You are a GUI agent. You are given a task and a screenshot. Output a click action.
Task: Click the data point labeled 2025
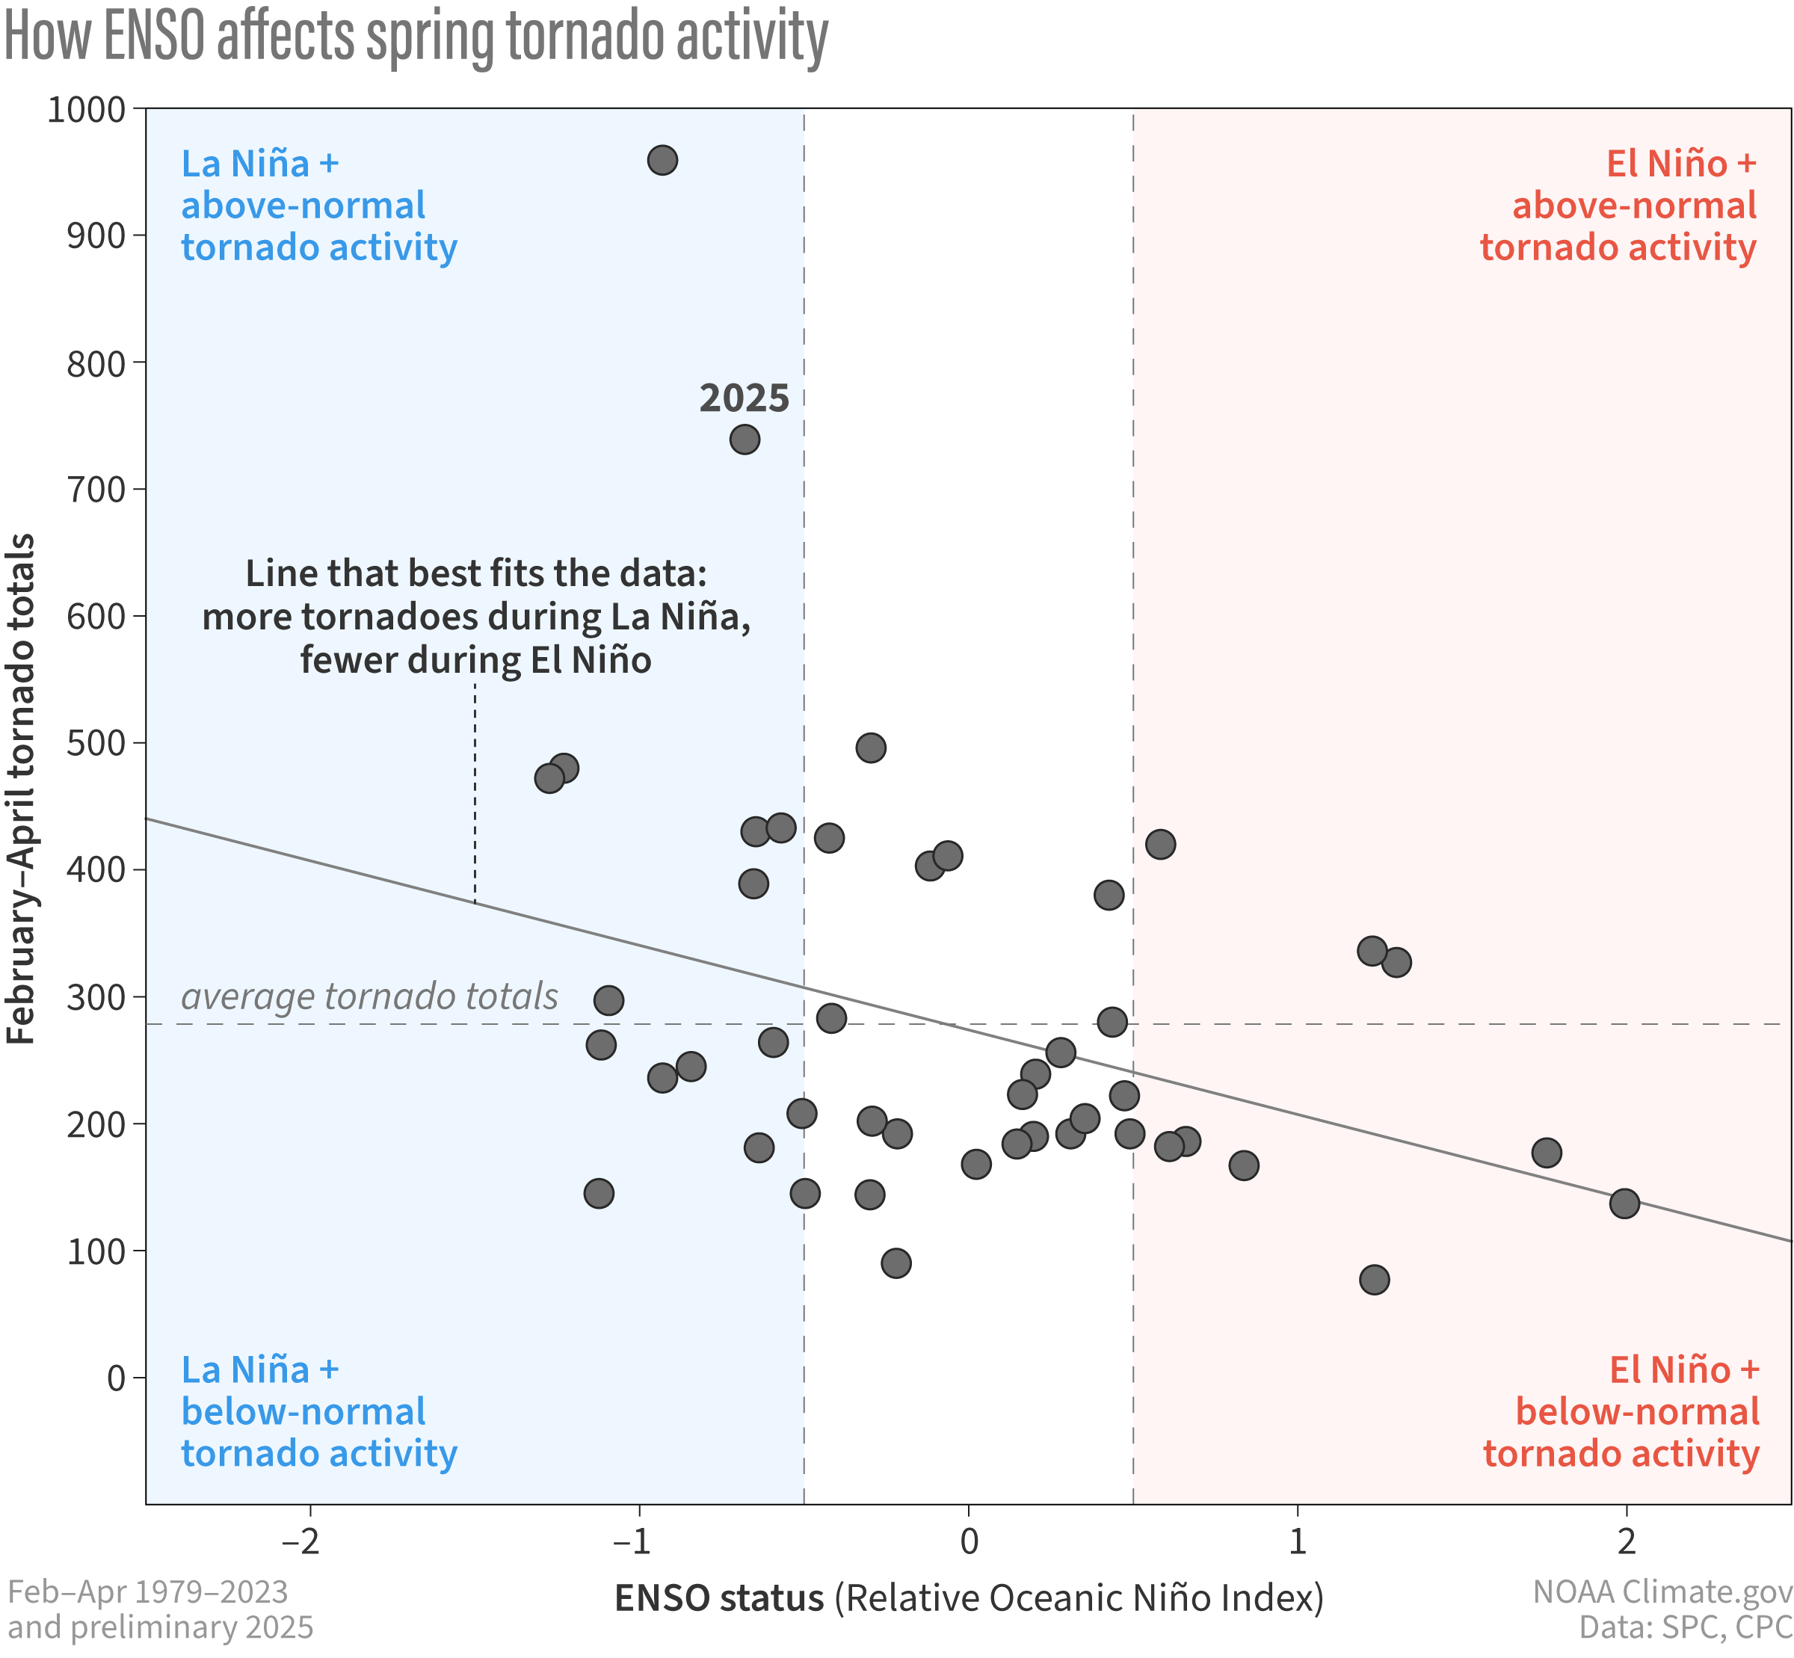click(745, 440)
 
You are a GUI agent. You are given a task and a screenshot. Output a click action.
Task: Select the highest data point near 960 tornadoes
click(662, 161)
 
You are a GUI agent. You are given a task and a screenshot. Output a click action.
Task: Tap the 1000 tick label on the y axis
click(86, 109)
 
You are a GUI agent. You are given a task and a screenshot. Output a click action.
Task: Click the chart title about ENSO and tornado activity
click(416, 37)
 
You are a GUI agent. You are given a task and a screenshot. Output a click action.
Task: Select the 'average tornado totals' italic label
click(369, 996)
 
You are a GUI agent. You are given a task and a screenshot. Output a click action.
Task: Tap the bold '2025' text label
click(744, 398)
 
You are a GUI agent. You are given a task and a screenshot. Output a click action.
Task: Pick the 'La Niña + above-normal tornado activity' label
click(318, 206)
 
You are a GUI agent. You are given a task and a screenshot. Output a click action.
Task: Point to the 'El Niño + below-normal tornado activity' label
click(1621, 1411)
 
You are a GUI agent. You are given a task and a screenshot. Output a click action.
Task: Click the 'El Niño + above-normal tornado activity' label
click(1618, 206)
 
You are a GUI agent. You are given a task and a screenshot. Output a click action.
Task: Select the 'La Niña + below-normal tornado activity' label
click(318, 1411)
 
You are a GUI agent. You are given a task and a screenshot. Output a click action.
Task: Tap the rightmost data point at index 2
click(1624, 1203)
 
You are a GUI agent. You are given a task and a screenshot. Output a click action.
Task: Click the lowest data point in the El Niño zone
click(1374, 1280)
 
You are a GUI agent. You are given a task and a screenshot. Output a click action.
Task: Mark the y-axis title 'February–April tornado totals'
click(22, 789)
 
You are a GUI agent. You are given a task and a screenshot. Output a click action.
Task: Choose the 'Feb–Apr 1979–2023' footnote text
click(148, 1591)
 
